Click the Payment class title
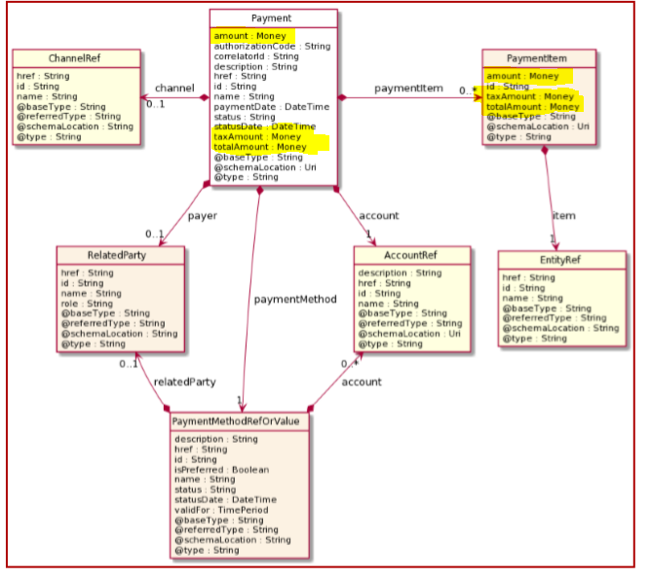[273, 18]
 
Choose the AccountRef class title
[409, 256]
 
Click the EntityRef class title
[561, 261]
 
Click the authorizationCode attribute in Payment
[271, 45]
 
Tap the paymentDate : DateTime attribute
[272, 106]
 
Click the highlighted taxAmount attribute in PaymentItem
[530, 96]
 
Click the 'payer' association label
[201, 215]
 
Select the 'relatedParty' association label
[184, 382]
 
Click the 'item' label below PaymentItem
[563, 215]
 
